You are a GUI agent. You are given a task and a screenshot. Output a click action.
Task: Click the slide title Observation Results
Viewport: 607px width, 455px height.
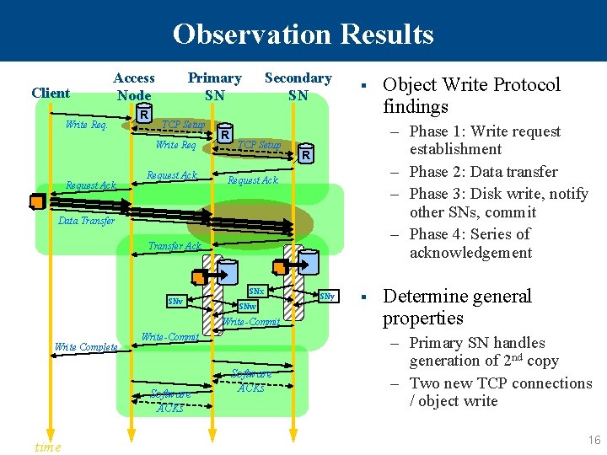(303, 34)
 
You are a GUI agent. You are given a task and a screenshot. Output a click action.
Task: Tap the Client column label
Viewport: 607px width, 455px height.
(51, 93)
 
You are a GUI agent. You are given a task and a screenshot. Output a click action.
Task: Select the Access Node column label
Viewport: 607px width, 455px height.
(134, 86)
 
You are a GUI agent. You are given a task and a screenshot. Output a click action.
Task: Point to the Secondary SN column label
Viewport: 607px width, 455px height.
(298, 86)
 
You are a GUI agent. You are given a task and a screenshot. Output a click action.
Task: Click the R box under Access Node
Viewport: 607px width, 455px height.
(145, 115)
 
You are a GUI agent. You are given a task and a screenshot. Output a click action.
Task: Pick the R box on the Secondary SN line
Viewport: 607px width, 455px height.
(306, 155)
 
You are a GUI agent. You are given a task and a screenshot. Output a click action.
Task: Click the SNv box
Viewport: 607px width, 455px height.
(176, 301)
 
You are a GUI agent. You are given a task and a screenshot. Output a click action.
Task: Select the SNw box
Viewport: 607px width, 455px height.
(248, 306)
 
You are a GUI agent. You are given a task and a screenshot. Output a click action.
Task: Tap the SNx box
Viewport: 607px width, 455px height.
(256, 292)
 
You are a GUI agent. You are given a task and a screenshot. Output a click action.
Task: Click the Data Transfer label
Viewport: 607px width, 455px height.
(86, 221)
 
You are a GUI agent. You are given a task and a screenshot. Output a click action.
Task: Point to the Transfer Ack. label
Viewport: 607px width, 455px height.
(175, 246)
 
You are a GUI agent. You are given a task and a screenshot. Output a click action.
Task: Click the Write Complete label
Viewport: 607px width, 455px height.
(85, 346)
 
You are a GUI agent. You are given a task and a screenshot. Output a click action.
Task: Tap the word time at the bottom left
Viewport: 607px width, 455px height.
(47, 447)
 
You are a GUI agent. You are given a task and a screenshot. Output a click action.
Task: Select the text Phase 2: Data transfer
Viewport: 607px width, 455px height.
(483, 172)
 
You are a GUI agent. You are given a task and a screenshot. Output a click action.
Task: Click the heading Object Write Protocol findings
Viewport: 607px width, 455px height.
(470, 95)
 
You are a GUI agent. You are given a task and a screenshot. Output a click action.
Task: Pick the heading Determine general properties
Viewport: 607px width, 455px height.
(457, 307)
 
